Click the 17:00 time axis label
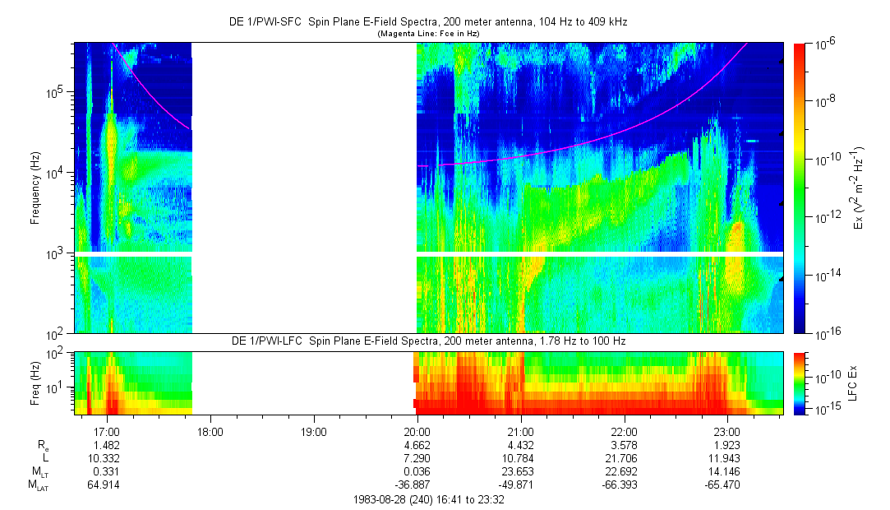tap(108, 430)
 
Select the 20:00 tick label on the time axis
tap(417, 430)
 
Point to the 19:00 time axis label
tap(314, 430)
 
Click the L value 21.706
tap(625, 458)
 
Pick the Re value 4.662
tap(417, 445)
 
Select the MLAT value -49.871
tap(521, 485)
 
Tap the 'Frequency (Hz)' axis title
tap(35, 188)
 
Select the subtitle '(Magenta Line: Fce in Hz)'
tap(427, 34)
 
